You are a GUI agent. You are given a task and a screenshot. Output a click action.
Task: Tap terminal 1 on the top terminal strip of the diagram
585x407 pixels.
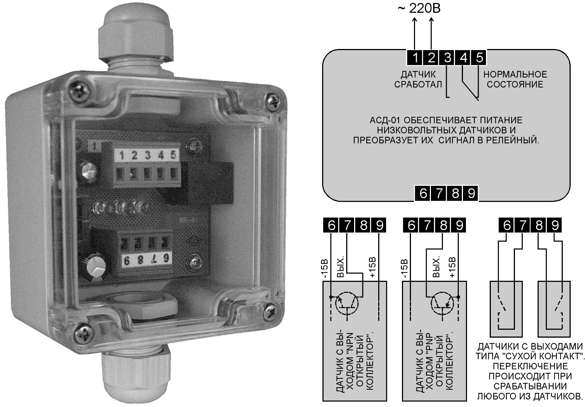[415, 58]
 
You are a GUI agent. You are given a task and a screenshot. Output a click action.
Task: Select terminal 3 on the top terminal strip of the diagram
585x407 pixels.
[448, 58]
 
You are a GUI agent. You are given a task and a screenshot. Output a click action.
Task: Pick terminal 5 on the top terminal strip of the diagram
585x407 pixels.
[479, 58]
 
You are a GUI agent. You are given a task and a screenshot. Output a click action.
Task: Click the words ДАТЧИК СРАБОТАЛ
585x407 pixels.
[418, 79]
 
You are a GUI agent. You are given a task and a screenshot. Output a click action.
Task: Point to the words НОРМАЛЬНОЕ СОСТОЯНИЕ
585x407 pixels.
[515, 79]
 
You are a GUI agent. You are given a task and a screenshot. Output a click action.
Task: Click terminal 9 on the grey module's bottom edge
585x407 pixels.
[471, 193]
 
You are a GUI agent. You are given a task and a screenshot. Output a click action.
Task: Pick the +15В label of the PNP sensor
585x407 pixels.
[452, 268]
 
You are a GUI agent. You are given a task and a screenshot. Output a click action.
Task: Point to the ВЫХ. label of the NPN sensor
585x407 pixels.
[340, 268]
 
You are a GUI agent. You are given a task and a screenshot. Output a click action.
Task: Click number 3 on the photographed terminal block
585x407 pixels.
[148, 155]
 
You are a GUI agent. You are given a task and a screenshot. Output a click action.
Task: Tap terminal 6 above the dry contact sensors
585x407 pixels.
[507, 226]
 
